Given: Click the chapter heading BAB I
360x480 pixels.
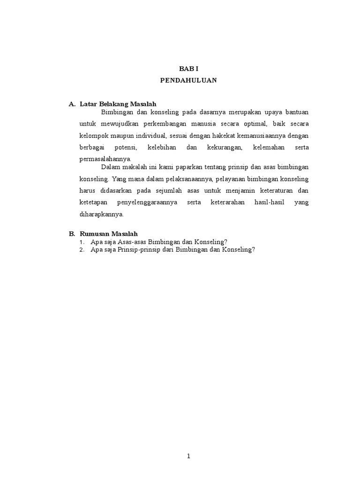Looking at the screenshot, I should [188, 68].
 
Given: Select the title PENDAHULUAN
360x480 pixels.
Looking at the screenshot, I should [188, 80].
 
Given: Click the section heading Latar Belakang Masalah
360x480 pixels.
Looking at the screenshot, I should [118, 104].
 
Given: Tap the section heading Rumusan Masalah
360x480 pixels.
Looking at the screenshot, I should [109, 233].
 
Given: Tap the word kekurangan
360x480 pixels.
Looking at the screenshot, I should [224, 147].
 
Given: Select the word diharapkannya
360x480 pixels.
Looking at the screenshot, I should [101, 214].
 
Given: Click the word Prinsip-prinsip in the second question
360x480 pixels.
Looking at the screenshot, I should [134, 250].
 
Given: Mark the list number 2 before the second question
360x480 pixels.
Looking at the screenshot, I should [82, 250].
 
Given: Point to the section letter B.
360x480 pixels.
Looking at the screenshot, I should [71, 233].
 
